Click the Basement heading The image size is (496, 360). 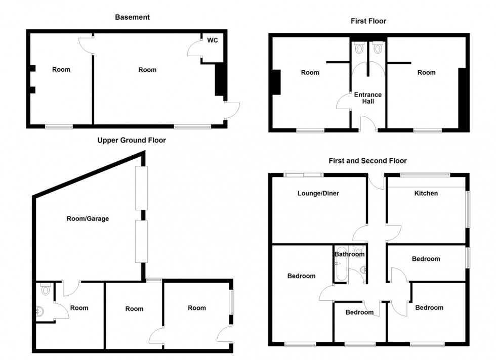pos(132,17)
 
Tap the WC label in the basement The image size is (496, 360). pos(213,40)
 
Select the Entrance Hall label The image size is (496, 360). pos(368,98)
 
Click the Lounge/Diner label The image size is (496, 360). pos(318,193)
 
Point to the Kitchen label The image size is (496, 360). pos(426,193)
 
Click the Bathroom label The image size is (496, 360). pos(349,254)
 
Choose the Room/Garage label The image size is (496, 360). pos(88,219)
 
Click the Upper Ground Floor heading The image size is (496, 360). pos(132,140)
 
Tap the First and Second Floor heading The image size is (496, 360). pos(368,161)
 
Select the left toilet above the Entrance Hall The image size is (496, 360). pos(359,49)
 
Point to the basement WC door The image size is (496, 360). pos(194,49)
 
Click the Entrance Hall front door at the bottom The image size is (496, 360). pos(368,124)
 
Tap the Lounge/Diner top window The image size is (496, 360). pos(303,175)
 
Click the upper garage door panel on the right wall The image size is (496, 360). pos(141,188)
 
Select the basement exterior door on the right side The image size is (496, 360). pos(232,110)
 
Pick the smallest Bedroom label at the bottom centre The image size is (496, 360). pos(359,312)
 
